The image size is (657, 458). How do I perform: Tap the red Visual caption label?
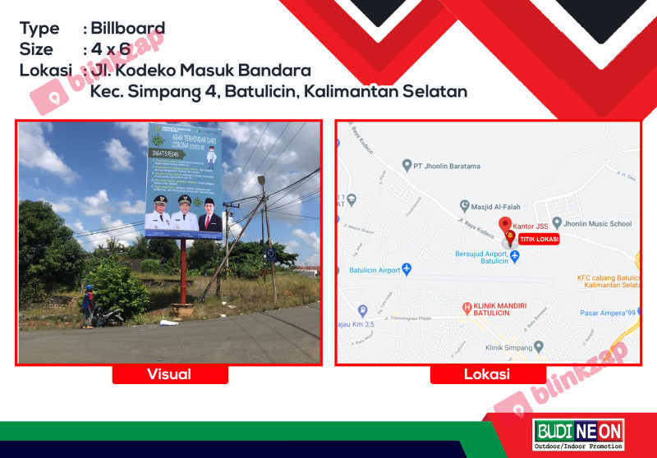[x=169, y=374]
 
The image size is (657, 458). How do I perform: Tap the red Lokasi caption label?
[x=487, y=374]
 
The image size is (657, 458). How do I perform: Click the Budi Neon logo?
[x=578, y=433]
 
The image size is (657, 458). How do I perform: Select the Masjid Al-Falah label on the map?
[x=498, y=206]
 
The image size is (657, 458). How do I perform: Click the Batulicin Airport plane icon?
[x=406, y=269]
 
